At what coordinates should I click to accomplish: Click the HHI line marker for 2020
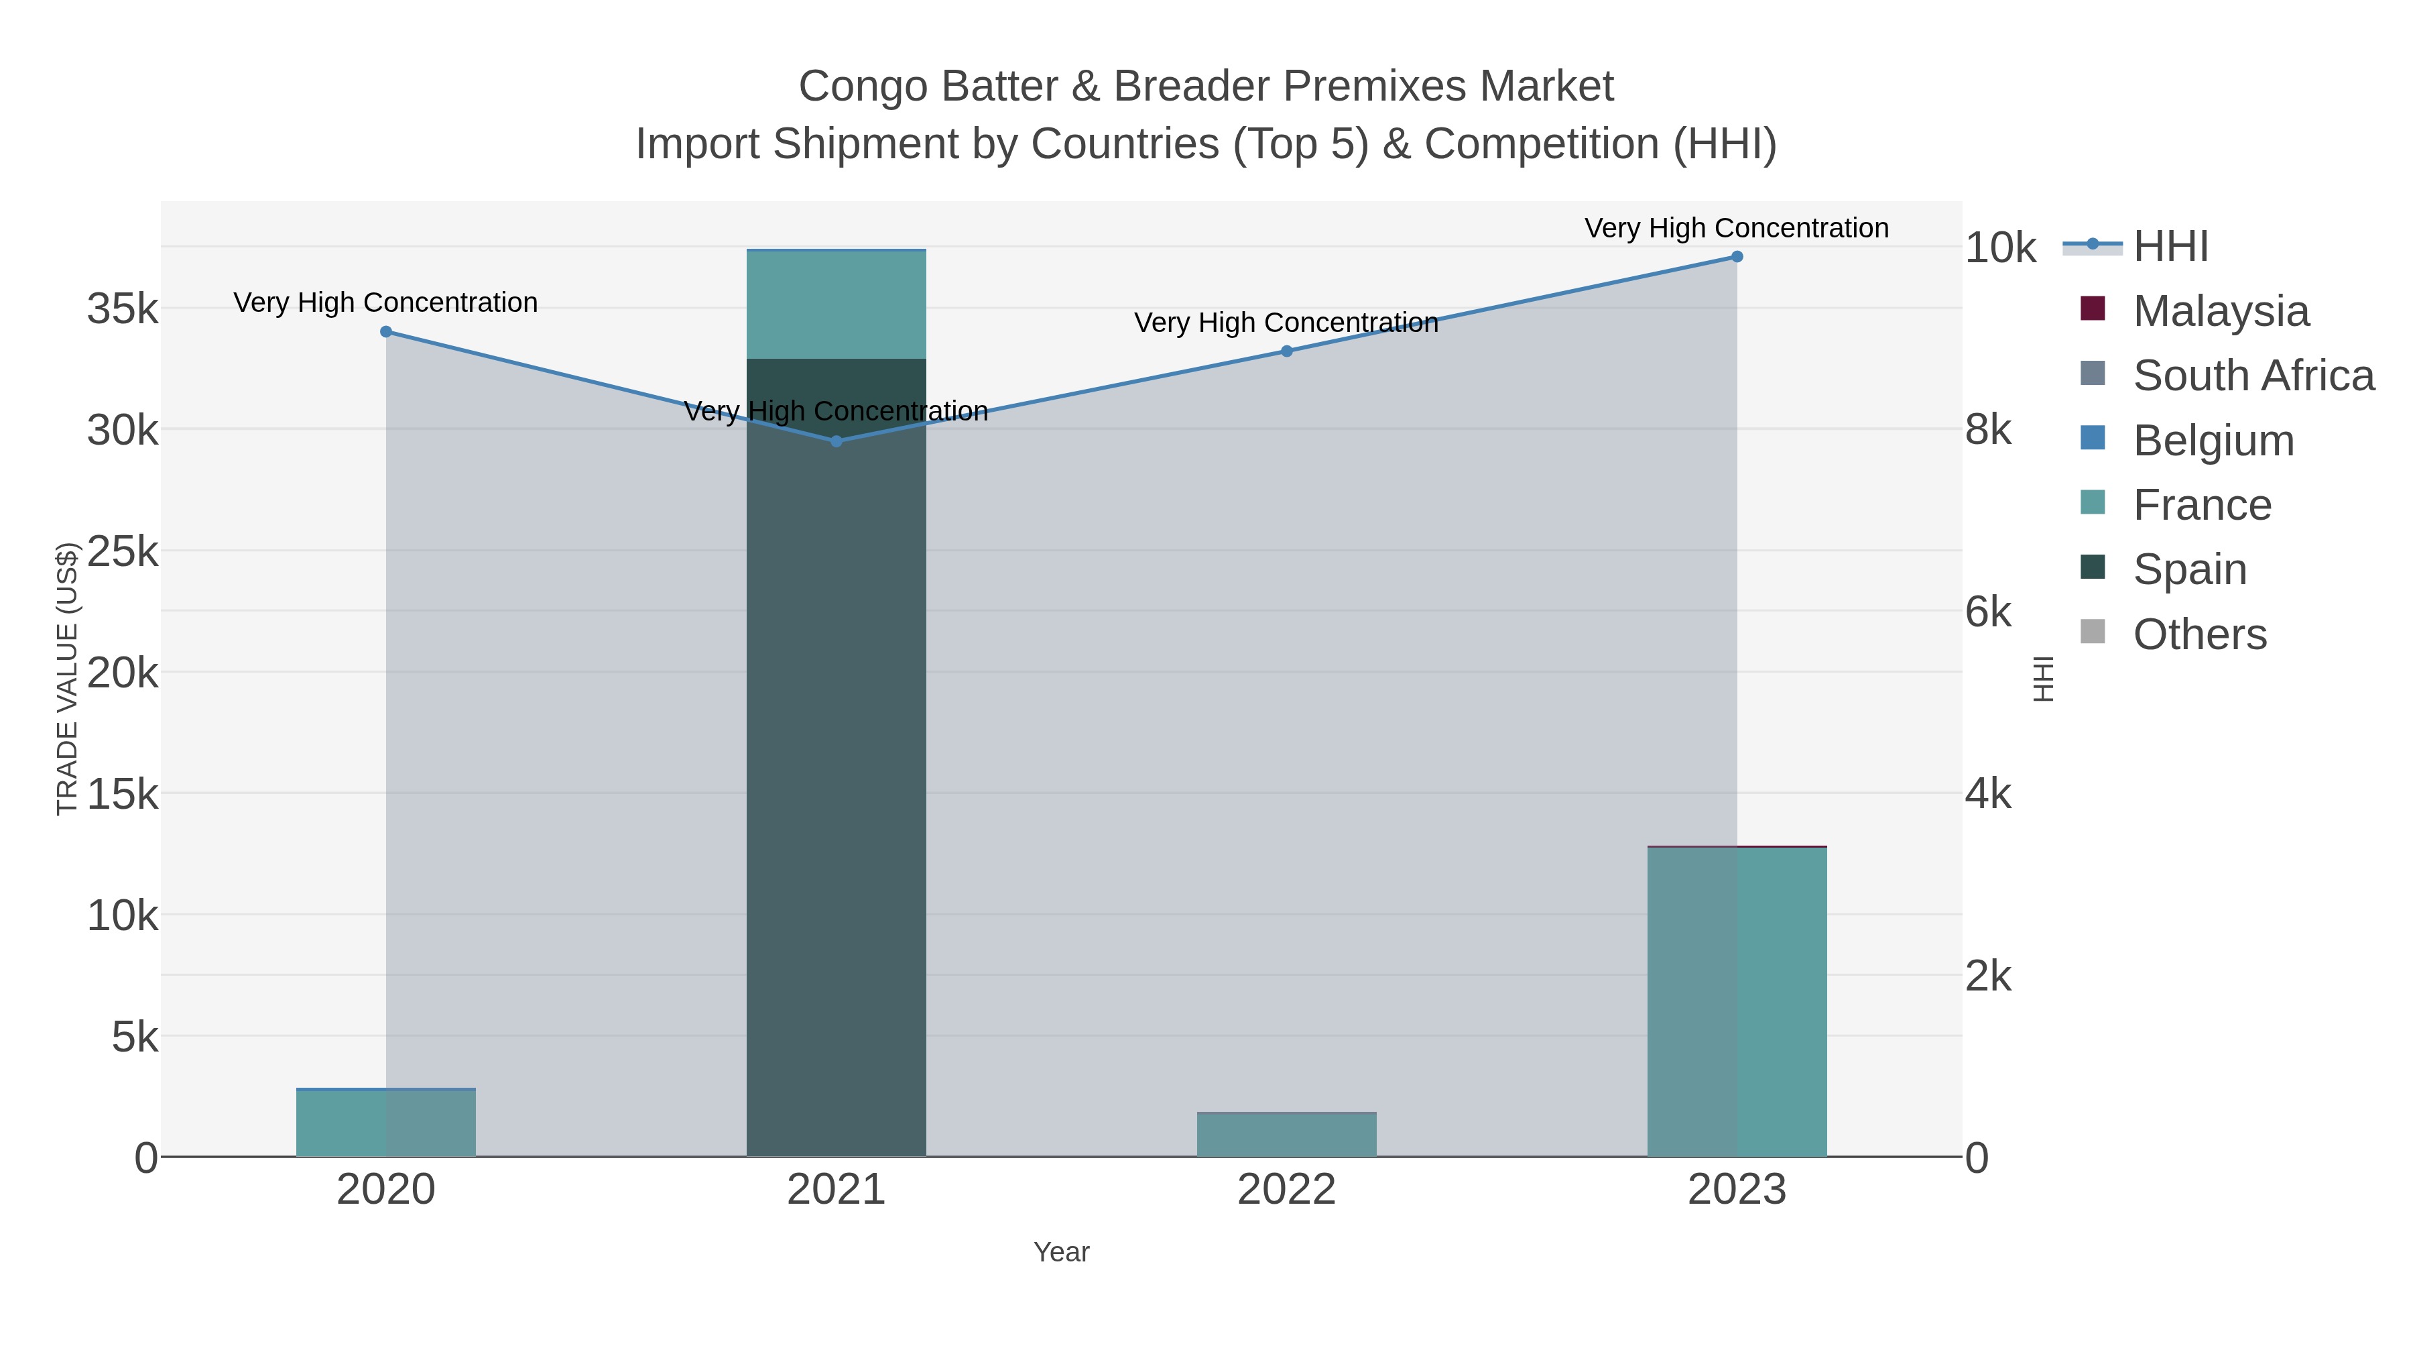tap(386, 332)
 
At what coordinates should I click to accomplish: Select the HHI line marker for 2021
tap(837, 441)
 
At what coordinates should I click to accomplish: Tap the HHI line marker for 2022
tap(1286, 351)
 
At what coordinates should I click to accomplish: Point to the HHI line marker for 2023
tap(1737, 257)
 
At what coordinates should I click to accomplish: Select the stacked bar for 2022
tap(1286, 1135)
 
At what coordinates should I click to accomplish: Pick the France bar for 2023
tap(1737, 1003)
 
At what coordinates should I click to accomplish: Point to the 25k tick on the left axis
tap(123, 552)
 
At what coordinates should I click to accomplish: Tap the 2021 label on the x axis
tap(837, 1190)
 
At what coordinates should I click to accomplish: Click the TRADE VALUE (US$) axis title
tap(68, 679)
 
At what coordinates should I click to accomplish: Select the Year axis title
tap(1061, 1252)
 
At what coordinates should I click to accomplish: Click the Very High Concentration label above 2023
tap(1737, 228)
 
